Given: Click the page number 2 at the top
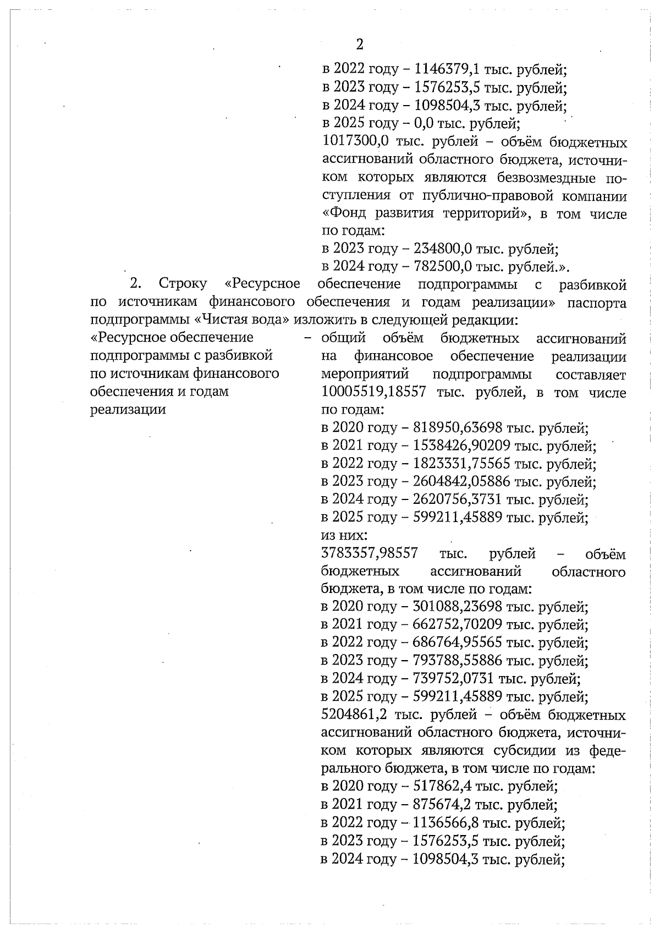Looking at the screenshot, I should click(x=360, y=45).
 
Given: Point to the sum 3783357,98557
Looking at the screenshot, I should click(x=369, y=553).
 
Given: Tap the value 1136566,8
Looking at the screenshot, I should click(x=445, y=823).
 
